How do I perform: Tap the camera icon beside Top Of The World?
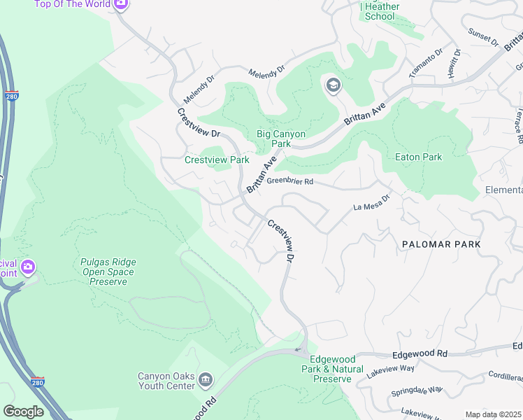tap(120, 4)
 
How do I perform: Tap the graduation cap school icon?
tap(333, 85)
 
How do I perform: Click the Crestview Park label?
tap(217, 160)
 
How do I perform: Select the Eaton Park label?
tap(419, 157)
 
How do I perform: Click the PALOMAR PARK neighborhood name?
tap(441, 244)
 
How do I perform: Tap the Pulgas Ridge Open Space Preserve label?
tap(103, 272)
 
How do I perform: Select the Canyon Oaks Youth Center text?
tap(166, 380)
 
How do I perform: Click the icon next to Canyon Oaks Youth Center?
tap(206, 380)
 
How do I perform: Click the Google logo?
tap(23, 412)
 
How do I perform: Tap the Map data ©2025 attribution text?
tap(492, 414)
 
